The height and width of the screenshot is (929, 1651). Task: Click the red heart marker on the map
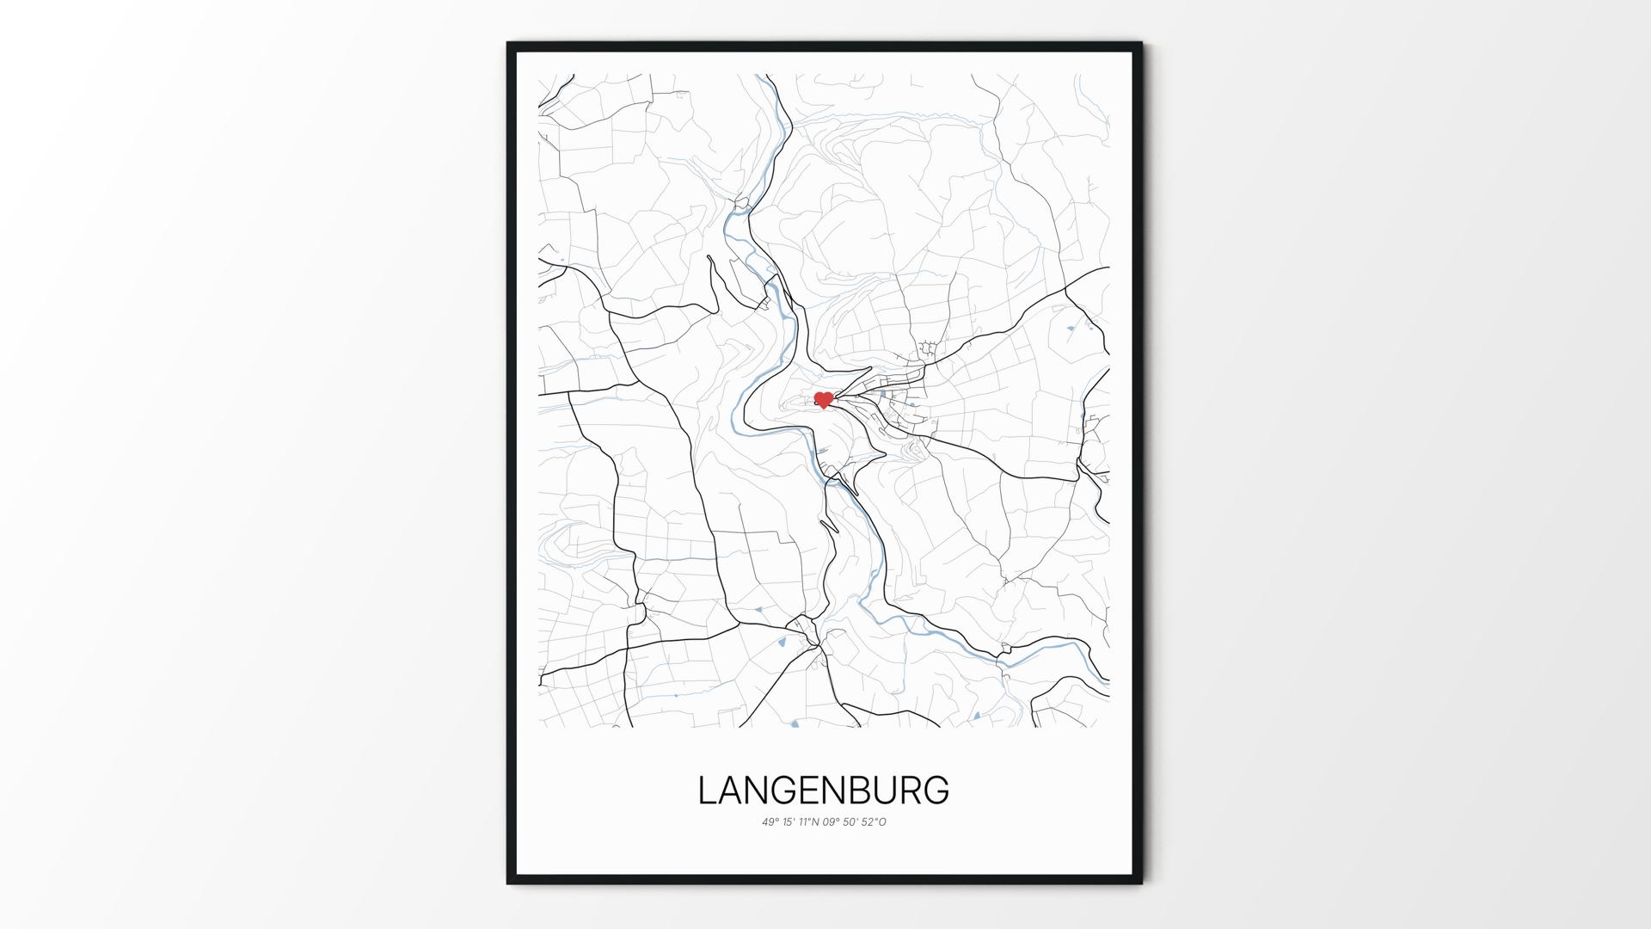824,400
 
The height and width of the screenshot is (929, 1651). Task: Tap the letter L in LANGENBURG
707,791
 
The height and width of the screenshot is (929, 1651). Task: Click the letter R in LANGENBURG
913,791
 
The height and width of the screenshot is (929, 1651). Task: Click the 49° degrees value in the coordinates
770,822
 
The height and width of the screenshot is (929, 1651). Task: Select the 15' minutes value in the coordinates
789,822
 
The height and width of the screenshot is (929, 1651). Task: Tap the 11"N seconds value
809,822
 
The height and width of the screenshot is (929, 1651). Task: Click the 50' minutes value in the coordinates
852,822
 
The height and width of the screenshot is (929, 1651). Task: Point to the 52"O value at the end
874,822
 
